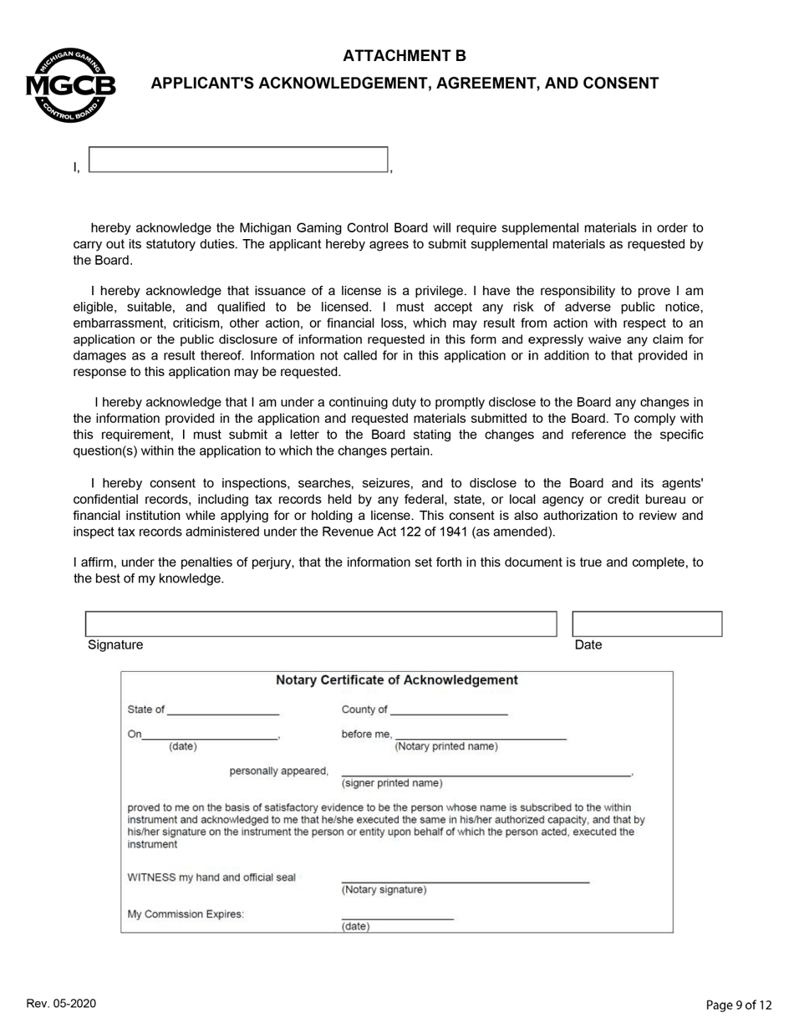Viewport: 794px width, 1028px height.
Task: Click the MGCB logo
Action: point(70,85)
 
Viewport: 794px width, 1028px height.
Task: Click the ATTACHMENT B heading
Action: point(404,56)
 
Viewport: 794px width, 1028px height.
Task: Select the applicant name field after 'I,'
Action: point(238,160)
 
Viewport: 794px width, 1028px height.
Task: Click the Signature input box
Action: point(320,624)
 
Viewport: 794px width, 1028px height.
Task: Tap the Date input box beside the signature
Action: point(646,624)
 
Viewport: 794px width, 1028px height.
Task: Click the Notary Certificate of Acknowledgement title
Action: point(396,680)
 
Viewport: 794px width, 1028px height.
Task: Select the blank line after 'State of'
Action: point(223,711)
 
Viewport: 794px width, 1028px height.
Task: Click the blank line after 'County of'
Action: point(449,711)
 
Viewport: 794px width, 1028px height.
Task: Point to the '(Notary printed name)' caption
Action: point(445,746)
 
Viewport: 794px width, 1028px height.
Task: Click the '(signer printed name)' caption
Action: point(392,783)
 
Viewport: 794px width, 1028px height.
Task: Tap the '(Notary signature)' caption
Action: point(384,890)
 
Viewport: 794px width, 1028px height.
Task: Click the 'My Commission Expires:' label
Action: point(186,914)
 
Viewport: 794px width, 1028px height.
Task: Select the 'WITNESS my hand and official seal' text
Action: point(211,878)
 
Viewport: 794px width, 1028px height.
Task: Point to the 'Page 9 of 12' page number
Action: point(738,1005)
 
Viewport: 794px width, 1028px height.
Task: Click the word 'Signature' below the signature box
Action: point(115,645)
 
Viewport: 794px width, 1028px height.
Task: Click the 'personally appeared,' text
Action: point(278,771)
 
